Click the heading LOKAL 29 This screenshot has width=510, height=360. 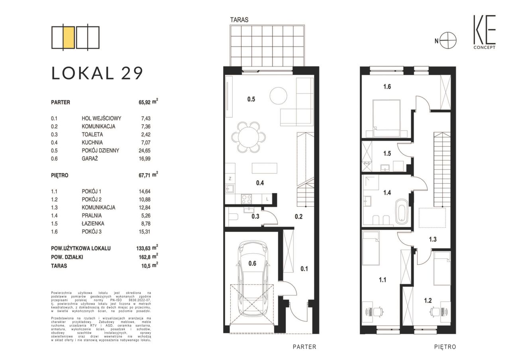[x=97, y=73]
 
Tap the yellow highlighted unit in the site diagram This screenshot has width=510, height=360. [x=69, y=37]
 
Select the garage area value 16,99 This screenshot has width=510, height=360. [x=145, y=158]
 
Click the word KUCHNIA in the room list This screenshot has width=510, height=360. [x=92, y=143]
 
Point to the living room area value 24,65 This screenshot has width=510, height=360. [x=145, y=151]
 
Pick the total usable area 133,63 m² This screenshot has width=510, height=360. [x=147, y=248]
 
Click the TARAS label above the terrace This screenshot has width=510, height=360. [x=239, y=20]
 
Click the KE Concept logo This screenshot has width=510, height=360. [x=484, y=32]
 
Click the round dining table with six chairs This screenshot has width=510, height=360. [x=249, y=137]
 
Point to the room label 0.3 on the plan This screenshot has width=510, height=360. [x=255, y=216]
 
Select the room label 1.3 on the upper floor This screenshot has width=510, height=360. [x=433, y=239]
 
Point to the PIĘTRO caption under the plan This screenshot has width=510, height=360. [x=445, y=347]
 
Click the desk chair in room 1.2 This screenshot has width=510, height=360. [x=436, y=311]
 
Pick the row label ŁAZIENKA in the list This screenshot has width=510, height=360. [x=93, y=223]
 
